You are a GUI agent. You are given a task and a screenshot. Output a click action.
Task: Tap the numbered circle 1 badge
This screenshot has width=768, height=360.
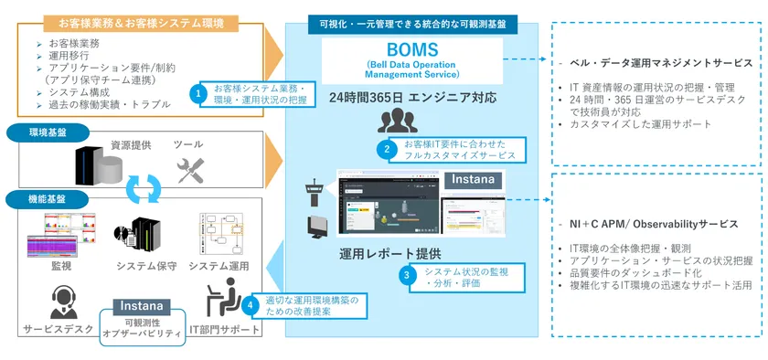(197, 92)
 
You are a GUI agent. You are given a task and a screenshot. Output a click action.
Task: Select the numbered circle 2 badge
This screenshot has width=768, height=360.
(388, 148)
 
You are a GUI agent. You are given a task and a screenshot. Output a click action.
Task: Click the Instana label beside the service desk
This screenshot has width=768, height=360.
(140, 305)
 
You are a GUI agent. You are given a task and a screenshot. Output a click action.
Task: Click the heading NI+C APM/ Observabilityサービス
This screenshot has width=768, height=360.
(658, 224)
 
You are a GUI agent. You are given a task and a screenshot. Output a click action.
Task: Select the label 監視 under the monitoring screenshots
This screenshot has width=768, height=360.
(62, 266)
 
